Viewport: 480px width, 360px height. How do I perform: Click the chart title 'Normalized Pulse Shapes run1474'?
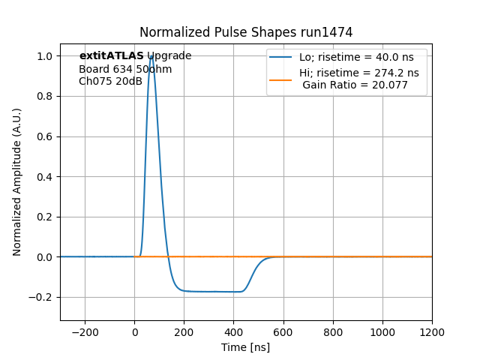(x=246, y=32)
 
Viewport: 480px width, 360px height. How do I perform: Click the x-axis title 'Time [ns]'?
(x=245, y=347)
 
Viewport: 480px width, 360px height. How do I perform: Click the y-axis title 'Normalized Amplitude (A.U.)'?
(x=17, y=181)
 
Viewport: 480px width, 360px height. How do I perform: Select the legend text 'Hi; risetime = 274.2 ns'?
(x=359, y=73)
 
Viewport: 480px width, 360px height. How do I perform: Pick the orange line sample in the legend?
(x=281, y=73)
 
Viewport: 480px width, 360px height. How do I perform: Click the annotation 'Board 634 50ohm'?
(x=125, y=69)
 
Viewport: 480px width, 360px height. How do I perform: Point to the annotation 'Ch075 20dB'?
(x=110, y=81)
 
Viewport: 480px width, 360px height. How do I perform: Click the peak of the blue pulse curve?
(x=151, y=56)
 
